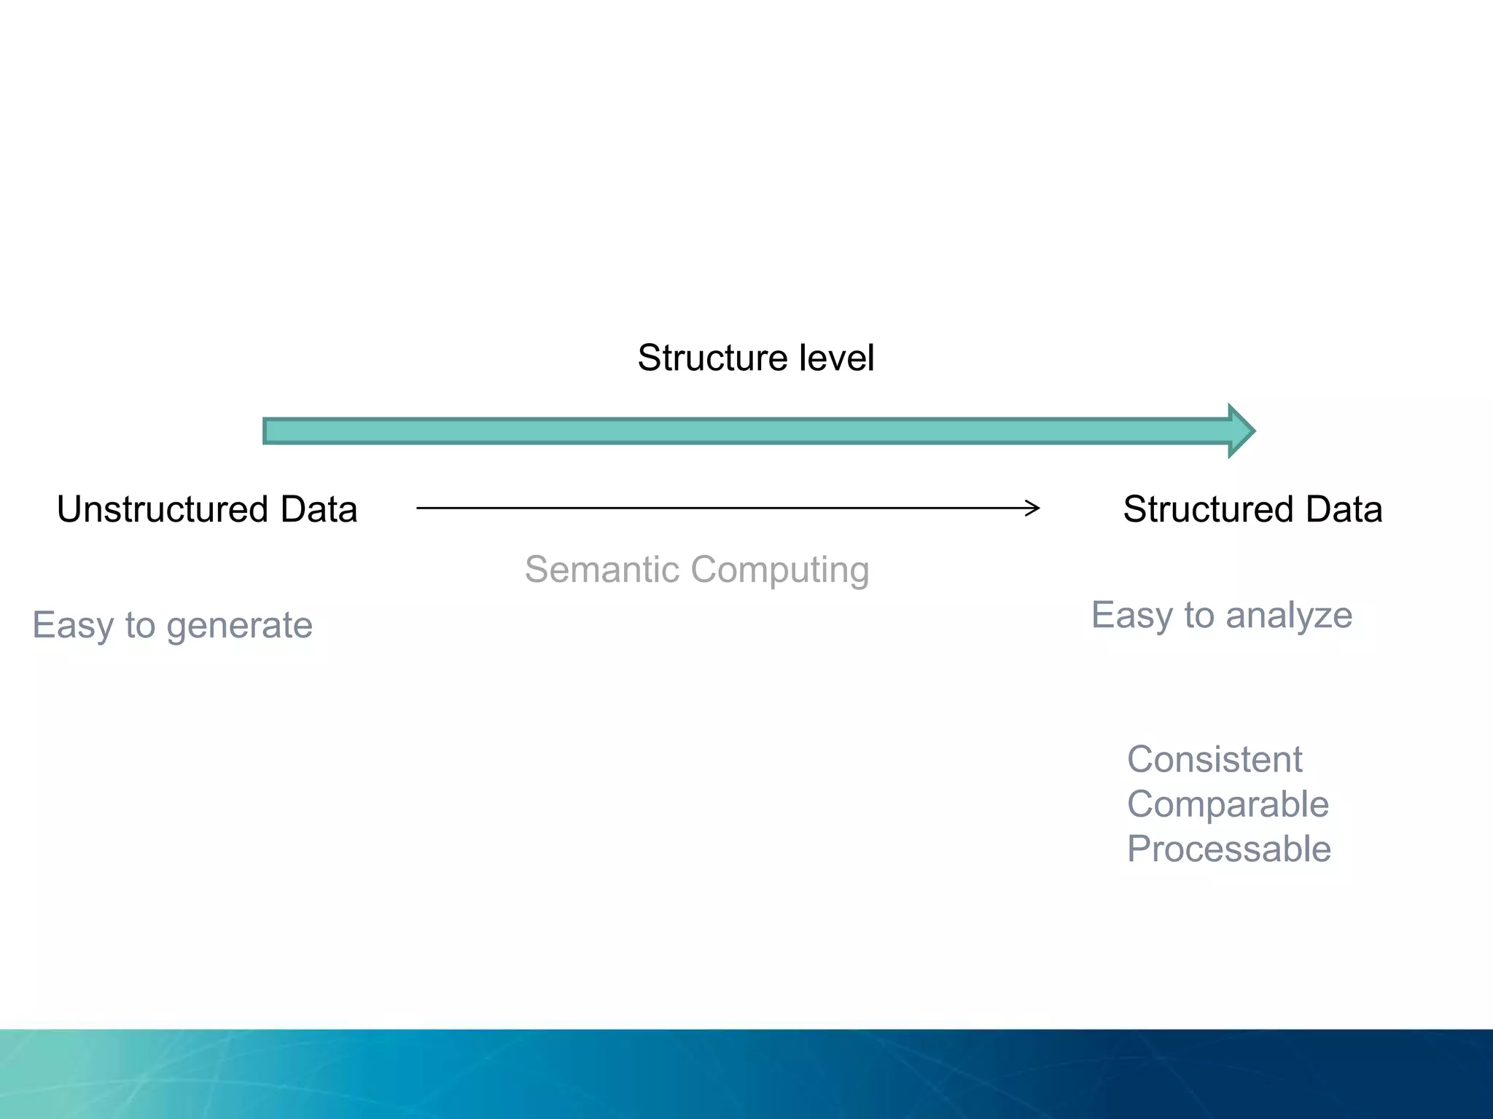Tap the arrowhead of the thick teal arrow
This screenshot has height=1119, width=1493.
pyautogui.click(x=1241, y=431)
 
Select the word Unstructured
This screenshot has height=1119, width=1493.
pyautogui.click(x=163, y=509)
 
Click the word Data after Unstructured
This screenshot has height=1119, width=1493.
pyautogui.click(x=319, y=509)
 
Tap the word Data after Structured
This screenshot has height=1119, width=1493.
pyautogui.click(x=1344, y=509)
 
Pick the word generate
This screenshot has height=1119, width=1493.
pyautogui.click(x=239, y=626)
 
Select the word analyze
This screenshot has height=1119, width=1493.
pyautogui.click(x=1289, y=616)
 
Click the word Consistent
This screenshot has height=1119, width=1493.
pyautogui.click(x=1215, y=760)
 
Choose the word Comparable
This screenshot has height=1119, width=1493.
pyautogui.click(x=1228, y=805)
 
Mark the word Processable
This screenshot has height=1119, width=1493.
pyautogui.click(x=1229, y=849)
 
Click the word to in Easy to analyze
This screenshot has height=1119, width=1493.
pyautogui.click(x=1199, y=616)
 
